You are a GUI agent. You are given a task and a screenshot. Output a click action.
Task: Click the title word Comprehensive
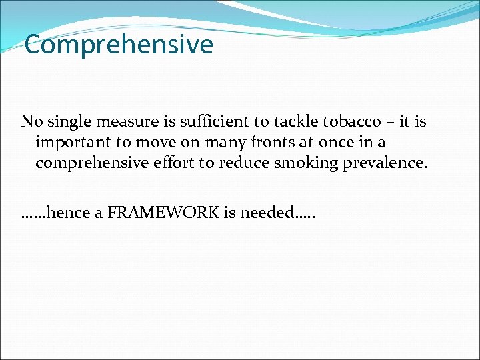[119, 45]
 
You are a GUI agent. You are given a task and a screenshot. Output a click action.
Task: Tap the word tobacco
[353, 122]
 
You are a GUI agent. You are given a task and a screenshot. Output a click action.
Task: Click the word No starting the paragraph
[29, 122]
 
